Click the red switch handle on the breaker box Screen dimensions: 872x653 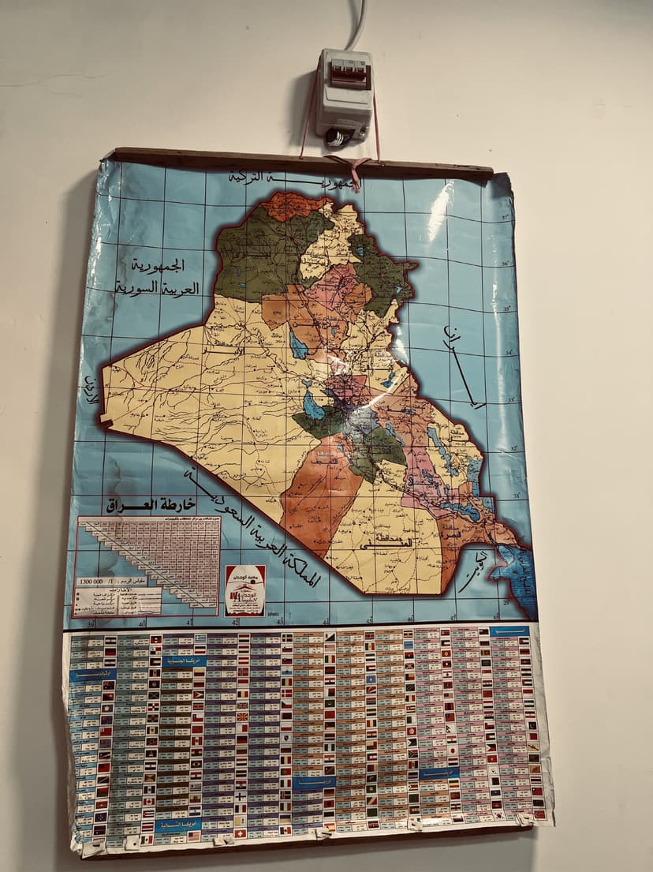point(345,75)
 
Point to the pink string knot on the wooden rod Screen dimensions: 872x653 point(356,167)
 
